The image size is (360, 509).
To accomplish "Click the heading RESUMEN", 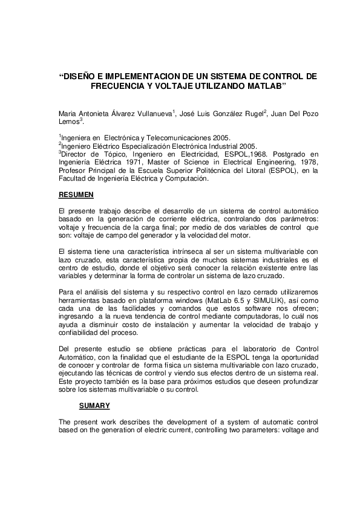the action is (74, 195).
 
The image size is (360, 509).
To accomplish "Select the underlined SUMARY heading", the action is (94, 406).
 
